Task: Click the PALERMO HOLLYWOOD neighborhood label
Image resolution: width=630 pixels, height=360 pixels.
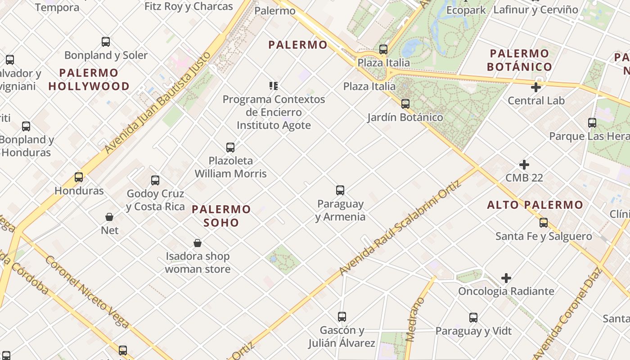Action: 89,79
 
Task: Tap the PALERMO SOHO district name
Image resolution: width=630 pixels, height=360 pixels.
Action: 221,216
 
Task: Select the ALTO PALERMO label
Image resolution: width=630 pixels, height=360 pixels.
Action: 535,205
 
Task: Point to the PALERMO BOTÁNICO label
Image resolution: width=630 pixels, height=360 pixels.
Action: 519,60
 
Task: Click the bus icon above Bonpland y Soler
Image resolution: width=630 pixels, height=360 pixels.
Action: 106,42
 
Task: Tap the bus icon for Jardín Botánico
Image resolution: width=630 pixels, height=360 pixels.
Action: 405,104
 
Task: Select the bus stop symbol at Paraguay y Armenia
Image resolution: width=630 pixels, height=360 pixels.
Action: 340,190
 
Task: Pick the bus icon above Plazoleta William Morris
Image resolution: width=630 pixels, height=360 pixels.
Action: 230,147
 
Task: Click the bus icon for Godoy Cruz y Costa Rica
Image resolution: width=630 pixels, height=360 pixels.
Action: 155,180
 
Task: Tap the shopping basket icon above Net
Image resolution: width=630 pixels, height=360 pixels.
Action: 109,217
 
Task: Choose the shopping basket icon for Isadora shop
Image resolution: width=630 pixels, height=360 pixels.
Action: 198,243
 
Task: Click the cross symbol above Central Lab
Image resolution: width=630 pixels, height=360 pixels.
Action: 536,87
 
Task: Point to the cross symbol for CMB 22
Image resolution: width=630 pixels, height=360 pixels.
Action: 524,165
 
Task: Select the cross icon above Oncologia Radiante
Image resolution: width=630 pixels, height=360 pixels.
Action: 506,278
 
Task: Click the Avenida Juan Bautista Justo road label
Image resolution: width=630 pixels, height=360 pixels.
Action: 157,103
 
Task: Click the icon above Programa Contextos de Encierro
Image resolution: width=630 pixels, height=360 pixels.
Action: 274,86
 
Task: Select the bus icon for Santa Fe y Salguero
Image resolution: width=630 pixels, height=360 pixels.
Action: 544,223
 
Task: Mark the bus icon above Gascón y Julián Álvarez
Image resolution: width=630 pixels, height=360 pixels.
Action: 342,317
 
